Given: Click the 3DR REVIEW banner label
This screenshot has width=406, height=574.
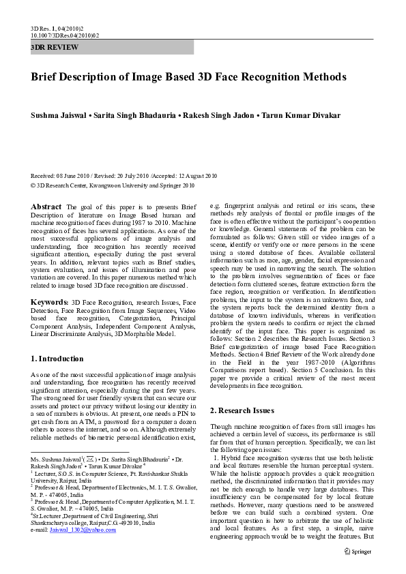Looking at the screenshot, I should tap(55, 48).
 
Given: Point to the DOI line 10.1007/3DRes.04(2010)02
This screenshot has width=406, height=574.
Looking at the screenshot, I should tap(65, 35).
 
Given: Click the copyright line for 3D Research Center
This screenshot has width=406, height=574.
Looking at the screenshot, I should tap(113, 185).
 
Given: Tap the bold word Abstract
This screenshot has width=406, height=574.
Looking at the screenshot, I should tap(46, 207).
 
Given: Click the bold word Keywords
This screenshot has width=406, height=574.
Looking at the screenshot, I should tap(49, 301).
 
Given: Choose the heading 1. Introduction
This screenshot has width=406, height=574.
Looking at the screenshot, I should tap(58, 359).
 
